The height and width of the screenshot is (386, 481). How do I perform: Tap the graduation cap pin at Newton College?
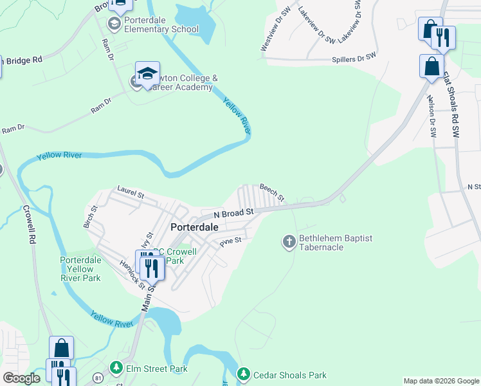[147, 73]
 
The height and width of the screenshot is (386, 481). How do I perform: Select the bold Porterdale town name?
[194, 227]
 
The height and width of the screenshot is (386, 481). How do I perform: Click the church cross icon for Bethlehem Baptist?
[289, 242]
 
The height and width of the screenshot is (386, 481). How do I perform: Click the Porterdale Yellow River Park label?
[80, 269]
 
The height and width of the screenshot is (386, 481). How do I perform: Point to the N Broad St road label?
[234, 212]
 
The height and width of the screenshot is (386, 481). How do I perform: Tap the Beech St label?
[271, 192]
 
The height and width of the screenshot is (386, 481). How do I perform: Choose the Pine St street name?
[230, 241]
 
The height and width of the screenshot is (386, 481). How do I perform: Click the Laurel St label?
[131, 192]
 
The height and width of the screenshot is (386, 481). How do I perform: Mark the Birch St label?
[89, 217]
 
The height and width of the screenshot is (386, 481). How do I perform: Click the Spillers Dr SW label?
[353, 58]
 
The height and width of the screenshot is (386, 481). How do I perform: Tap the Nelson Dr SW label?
[431, 116]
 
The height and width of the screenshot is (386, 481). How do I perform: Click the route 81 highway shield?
[97, 376]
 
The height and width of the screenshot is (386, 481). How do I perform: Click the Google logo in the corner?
[21, 378]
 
